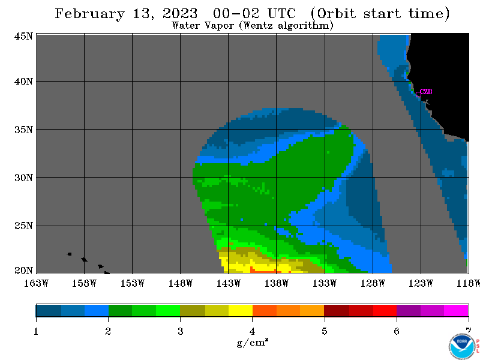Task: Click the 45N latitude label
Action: pyautogui.click(x=23, y=37)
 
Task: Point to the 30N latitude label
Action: pyautogui.click(x=23, y=178)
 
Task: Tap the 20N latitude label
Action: pyautogui.click(x=23, y=271)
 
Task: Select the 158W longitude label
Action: pyautogui.click(x=84, y=283)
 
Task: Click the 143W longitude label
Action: pyautogui.click(x=229, y=283)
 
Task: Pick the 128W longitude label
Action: pyautogui.click(x=373, y=283)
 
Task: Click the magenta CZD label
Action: pyautogui.click(x=426, y=92)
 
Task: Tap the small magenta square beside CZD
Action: pyautogui.click(x=418, y=95)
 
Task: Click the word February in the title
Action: pyautogui.click(x=90, y=14)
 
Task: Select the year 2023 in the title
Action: pyautogui.click(x=181, y=13)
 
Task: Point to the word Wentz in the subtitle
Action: pyautogui.click(x=256, y=25)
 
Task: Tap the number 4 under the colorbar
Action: pyautogui.click(x=252, y=331)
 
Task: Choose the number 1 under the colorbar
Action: pyautogui.click(x=36, y=331)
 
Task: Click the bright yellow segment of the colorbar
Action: pyautogui.click(x=241, y=310)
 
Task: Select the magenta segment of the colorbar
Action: pyautogui.click(x=456, y=310)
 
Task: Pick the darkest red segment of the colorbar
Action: pyautogui.click(x=337, y=310)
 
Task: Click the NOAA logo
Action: pyautogui.click(x=462, y=346)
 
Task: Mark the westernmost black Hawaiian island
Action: pyautogui.click(x=70, y=254)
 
